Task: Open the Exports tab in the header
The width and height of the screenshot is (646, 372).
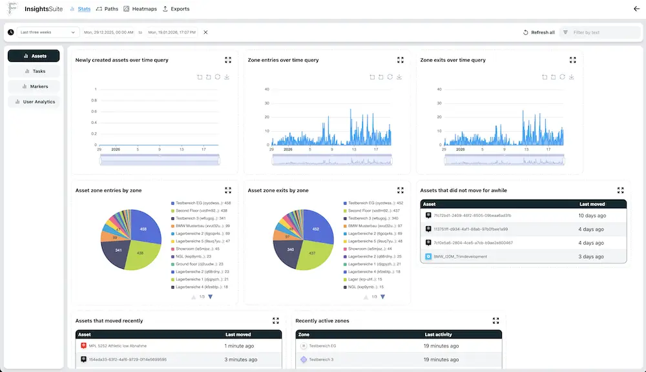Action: pos(176,9)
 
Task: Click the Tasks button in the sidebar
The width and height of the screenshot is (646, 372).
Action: pos(35,71)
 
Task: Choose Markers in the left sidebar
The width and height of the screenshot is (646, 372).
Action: pos(35,86)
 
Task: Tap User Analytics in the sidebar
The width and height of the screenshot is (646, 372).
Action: pos(35,101)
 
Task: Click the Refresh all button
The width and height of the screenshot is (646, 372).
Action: pos(539,32)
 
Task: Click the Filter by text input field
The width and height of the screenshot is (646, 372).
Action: pos(604,32)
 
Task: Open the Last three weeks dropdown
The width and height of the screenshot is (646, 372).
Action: pos(47,32)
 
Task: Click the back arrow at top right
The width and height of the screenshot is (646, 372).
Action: pos(636,9)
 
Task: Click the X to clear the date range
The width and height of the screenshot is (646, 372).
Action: pos(205,32)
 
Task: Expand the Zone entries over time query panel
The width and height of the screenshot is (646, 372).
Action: pos(401,60)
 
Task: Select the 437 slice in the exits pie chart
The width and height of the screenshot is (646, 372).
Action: pos(313,254)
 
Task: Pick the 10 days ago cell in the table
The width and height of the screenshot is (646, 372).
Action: pos(592,215)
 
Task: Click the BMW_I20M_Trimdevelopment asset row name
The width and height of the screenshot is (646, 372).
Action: pos(461,256)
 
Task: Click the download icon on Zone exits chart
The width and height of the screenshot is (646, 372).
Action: pos(572,77)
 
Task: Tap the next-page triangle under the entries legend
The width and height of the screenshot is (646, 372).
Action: pos(210,296)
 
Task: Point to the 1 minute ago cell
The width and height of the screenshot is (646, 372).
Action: pos(239,346)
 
